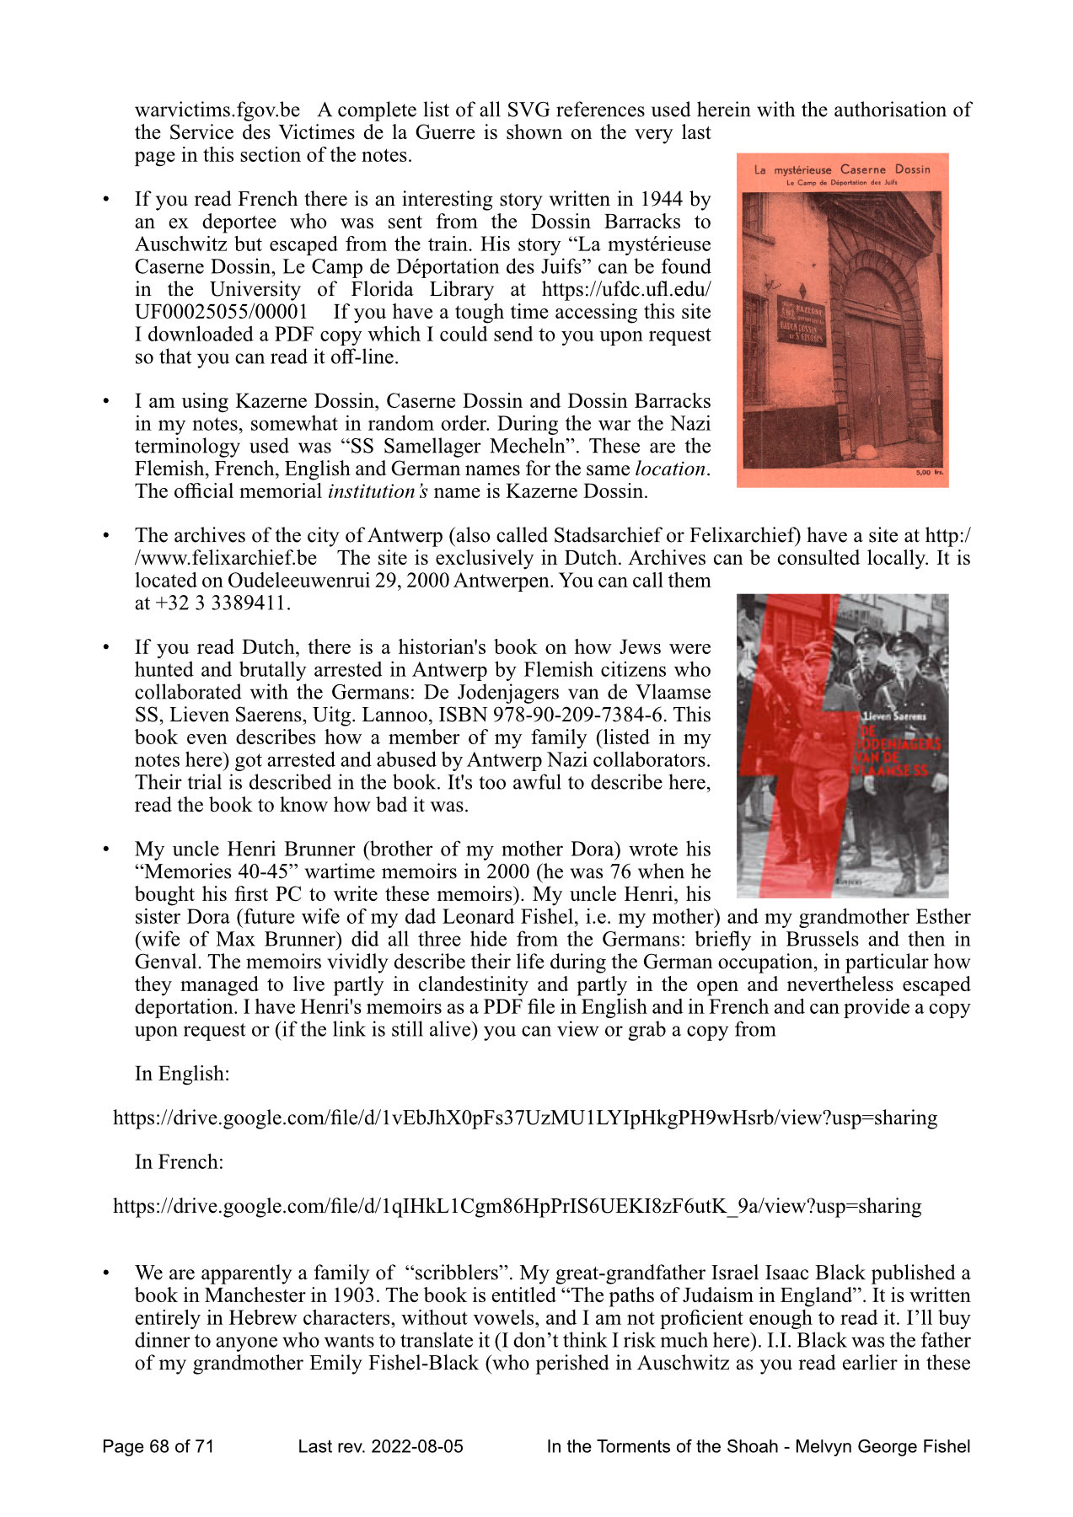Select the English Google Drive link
point(524,1118)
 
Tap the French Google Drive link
point(517,1206)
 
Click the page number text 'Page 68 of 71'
point(158,1447)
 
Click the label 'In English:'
point(182,1075)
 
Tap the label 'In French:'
point(179,1162)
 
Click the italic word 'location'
point(670,469)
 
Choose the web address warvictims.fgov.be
point(217,110)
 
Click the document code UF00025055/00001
point(221,313)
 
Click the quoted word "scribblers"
point(455,1273)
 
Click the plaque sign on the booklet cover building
point(801,320)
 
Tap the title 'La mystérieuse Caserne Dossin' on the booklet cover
point(842,169)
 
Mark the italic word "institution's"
point(377,492)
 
